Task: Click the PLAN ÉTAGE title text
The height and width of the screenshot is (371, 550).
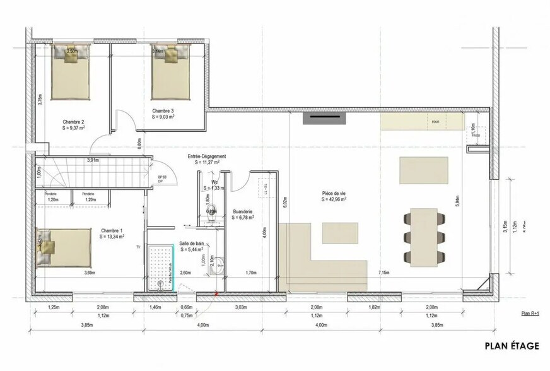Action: tap(512, 346)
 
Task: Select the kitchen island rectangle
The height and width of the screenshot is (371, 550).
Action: tap(423, 170)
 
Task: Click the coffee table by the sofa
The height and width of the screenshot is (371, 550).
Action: tap(340, 233)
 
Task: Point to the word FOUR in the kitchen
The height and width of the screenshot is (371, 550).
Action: tap(435, 121)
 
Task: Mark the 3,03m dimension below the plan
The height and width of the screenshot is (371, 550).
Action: tap(240, 307)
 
